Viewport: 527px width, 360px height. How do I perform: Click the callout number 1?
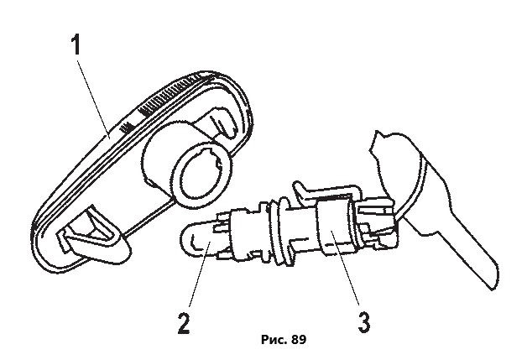point(76,45)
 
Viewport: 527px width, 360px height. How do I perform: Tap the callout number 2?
point(184,323)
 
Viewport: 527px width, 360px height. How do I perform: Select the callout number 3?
point(363,322)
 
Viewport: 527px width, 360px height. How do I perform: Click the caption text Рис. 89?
point(284,340)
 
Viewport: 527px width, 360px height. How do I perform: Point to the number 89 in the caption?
point(299,340)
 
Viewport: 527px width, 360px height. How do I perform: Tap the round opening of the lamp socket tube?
point(201,177)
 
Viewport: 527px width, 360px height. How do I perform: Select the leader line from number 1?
point(93,97)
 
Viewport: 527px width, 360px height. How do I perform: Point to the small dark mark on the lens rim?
point(127,128)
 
